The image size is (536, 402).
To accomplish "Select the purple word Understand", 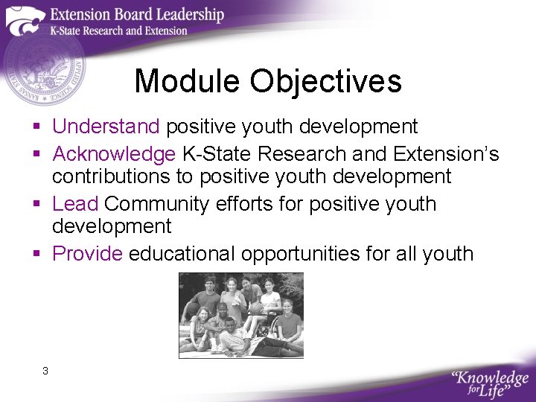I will click(106, 127).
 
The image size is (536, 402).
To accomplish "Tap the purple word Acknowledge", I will click(114, 154).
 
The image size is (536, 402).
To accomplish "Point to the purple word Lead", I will click(75, 204).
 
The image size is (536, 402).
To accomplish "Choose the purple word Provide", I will click(87, 254).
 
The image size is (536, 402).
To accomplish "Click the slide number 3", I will click(45, 371).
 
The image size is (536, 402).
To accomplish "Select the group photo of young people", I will click(240, 315).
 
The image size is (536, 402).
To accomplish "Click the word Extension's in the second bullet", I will click(446, 154).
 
